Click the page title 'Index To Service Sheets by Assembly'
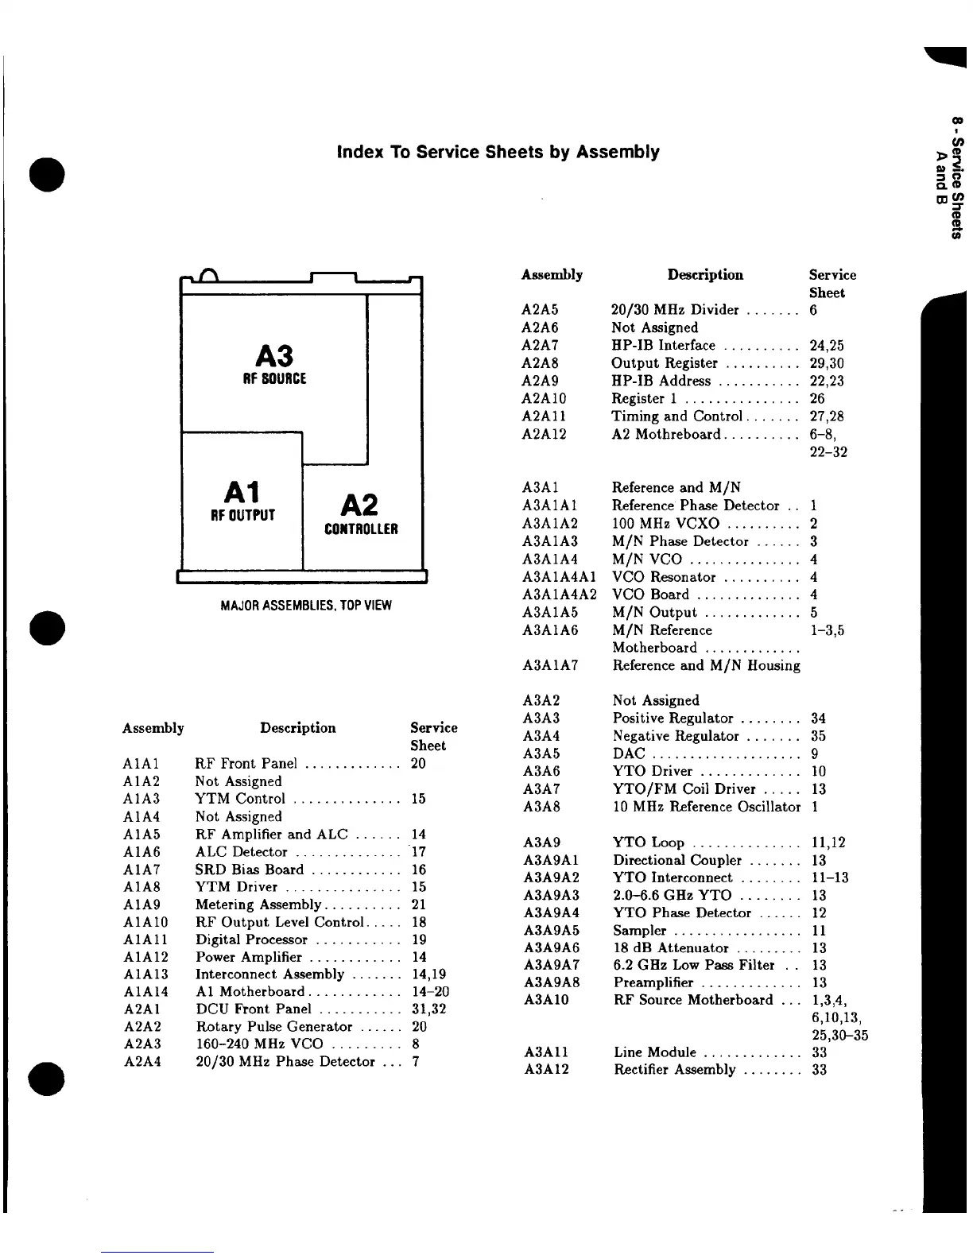[498, 152]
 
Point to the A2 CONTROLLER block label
[361, 514]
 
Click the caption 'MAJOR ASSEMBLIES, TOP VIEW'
[305, 606]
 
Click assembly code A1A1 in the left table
[141, 764]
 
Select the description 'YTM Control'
[240, 799]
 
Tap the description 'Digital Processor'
[251, 939]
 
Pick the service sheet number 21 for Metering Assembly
[419, 905]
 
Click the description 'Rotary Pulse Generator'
[273, 1027]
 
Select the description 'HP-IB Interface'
[663, 346]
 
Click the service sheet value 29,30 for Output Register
[827, 363]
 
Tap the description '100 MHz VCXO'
[665, 524]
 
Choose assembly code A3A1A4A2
[560, 595]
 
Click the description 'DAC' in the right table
[629, 753]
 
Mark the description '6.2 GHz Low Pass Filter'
[693, 965]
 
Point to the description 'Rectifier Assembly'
[675, 1070]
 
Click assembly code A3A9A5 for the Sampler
[552, 931]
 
